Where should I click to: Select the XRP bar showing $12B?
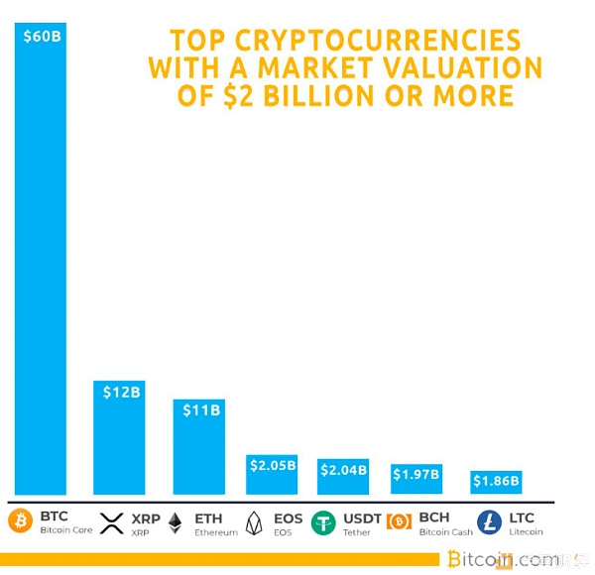point(119,441)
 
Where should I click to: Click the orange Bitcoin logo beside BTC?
point(21,521)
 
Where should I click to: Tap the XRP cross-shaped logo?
point(111,522)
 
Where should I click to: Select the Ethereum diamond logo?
point(176,522)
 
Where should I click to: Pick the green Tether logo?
point(324,522)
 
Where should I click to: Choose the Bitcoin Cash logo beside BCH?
point(399,522)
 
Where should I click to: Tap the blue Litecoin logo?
point(490,522)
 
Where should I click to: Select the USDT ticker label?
point(362,517)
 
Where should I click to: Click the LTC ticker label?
point(522,517)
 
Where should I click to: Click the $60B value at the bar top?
point(42,38)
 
